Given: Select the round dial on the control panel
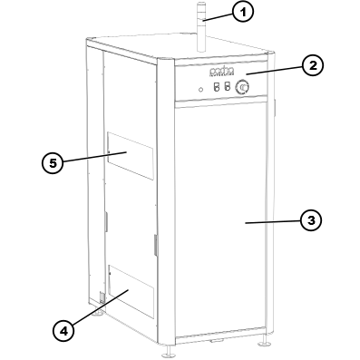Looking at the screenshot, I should click(x=242, y=88).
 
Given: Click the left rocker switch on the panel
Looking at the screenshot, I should click(x=216, y=88).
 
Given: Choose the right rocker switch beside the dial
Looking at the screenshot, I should click(x=226, y=88).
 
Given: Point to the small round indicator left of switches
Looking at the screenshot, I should click(x=200, y=89).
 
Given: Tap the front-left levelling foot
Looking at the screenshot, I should click(x=170, y=348).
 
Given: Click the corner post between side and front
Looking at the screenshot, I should click(x=168, y=209).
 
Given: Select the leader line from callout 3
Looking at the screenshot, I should click(x=272, y=220).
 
